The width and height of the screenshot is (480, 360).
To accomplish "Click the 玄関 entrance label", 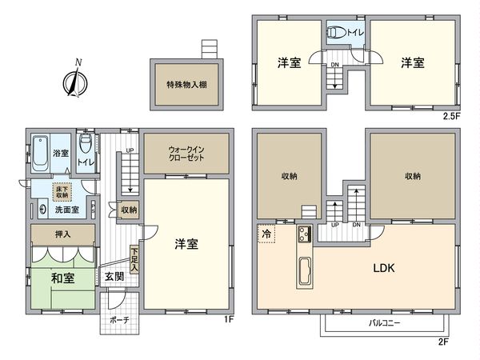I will [113, 277].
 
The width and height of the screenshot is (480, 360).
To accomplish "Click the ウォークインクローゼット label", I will [186, 154].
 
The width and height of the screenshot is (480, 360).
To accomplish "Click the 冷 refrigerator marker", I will [266, 234].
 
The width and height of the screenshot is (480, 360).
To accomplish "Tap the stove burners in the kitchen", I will [304, 235].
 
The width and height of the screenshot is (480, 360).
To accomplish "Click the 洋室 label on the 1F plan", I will [186, 245].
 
